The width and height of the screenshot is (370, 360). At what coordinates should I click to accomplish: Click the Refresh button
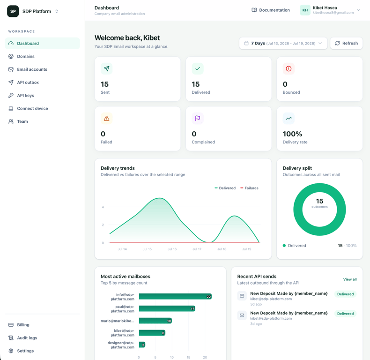346,43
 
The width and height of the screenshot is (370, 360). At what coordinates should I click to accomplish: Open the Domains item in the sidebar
26,56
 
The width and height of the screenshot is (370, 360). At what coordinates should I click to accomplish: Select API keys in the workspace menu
25,96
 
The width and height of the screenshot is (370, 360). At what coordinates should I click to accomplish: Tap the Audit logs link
27,338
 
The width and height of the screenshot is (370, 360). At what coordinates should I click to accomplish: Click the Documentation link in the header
271,10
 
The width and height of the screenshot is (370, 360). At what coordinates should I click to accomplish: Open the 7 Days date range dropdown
283,43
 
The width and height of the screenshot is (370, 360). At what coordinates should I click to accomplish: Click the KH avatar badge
305,10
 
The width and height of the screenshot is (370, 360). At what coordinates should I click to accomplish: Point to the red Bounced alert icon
289,69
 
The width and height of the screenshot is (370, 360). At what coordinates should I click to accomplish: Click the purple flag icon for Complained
198,118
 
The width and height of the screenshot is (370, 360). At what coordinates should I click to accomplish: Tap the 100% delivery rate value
292,134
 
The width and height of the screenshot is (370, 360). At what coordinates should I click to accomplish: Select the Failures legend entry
249,188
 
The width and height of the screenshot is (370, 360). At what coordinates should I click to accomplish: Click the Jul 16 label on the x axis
172,249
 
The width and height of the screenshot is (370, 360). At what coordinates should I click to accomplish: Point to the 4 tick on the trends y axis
103,207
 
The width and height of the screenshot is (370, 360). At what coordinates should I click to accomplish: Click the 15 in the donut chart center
319,201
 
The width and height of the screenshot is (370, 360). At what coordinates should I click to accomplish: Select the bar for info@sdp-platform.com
175,296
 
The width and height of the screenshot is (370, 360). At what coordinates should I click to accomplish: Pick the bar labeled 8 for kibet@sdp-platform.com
152,333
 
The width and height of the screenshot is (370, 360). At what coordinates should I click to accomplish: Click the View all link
350,279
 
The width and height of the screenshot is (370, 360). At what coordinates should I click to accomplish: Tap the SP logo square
13,11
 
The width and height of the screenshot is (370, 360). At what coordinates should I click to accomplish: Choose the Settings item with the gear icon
25,351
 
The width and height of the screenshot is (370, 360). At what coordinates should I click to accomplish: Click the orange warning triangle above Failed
106,118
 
